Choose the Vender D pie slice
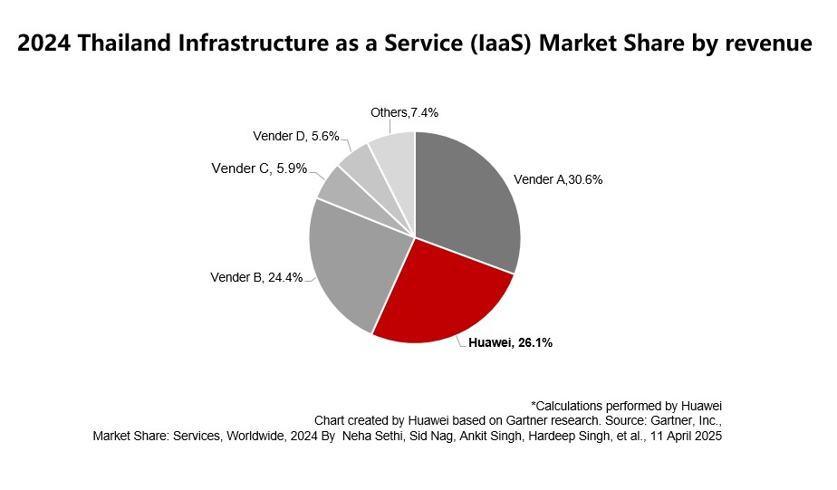[x=356, y=162]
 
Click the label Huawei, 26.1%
[x=510, y=343]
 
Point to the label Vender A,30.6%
[x=558, y=179]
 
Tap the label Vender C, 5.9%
[x=259, y=168]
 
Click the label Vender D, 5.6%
[x=295, y=137]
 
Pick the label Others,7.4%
[x=405, y=112]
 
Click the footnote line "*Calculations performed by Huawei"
[x=626, y=405]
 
